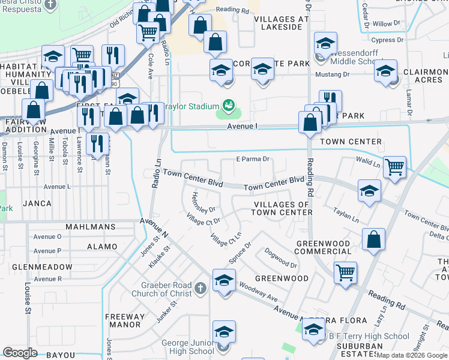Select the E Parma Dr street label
(x=252, y=160)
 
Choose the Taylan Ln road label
(x=347, y=215)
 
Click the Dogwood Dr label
(x=280, y=258)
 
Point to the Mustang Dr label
(x=333, y=75)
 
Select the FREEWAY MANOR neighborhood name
(x=125, y=320)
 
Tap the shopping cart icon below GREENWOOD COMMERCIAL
(x=345, y=272)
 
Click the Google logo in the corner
(x=20, y=353)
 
